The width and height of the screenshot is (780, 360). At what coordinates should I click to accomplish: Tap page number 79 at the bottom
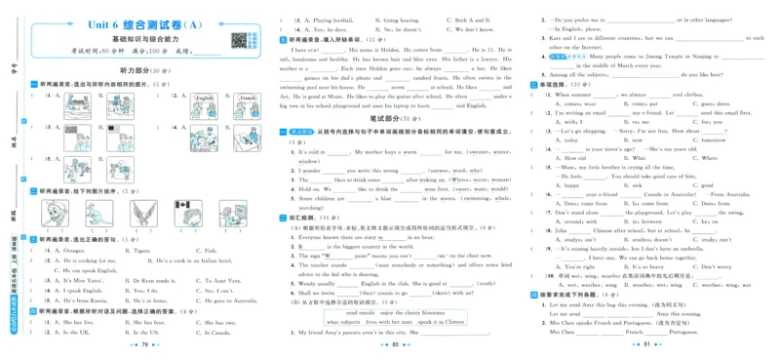point(144,344)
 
